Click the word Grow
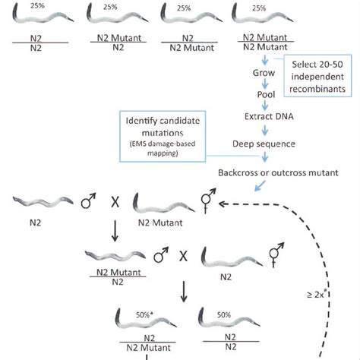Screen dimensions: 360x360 [x=262, y=75]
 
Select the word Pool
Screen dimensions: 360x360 [x=262, y=100]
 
